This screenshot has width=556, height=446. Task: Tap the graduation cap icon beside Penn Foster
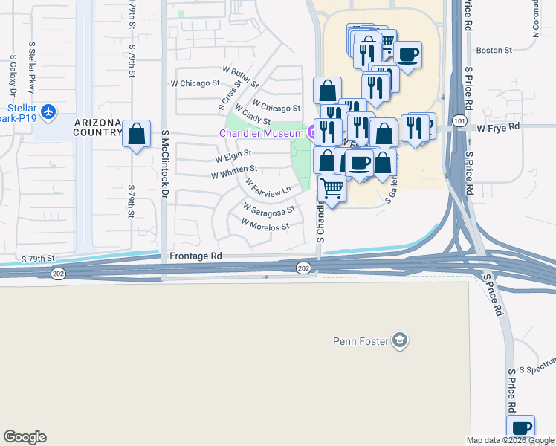pyautogui.click(x=401, y=340)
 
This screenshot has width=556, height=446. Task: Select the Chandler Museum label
pyautogui.click(x=260, y=133)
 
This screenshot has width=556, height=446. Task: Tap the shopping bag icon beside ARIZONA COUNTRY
pyautogui.click(x=136, y=135)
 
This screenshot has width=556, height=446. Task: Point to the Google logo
pyautogui.click(x=25, y=437)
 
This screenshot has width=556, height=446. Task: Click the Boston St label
pyautogui.click(x=495, y=51)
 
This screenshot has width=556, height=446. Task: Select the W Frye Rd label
pyautogui.click(x=499, y=128)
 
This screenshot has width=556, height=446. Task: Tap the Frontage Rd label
pyautogui.click(x=195, y=256)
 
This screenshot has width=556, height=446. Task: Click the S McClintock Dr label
pyautogui.click(x=165, y=165)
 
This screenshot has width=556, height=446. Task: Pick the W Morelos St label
pyautogui.click(x=265, y=224)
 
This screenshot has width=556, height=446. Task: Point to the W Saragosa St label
pyautogui.click(x=269, y=209)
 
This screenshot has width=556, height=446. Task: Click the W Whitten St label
pyautogui.click(x=234, y=172)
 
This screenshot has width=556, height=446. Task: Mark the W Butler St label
pyautogui.click(x=245, y=77)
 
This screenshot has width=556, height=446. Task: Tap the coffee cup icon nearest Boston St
pyautogui.click(x=407, y=54)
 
